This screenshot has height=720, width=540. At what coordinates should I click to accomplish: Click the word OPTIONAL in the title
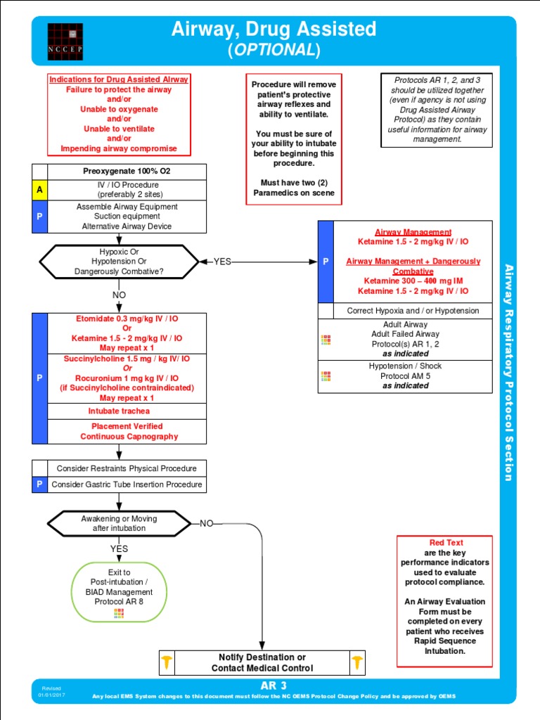coord(274,50)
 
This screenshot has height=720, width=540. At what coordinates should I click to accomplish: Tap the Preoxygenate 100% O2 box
coord(127,172)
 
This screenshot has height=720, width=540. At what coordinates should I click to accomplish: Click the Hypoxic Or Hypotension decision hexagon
coord(119,262)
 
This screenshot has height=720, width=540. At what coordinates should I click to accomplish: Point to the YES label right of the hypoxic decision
coord(222,262)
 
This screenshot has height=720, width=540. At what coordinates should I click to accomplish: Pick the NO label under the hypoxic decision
coord(119,295)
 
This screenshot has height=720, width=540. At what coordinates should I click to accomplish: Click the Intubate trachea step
coord(119,411)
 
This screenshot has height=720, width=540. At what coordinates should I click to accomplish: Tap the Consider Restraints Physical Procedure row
coord(127,469)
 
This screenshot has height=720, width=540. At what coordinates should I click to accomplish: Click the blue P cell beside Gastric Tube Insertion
coord(39,484)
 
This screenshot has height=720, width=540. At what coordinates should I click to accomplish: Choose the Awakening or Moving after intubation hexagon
coord(119,523)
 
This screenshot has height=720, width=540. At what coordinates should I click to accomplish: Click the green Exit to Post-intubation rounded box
coord(119,591)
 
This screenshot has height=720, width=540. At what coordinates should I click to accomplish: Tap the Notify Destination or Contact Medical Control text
coord(262,663)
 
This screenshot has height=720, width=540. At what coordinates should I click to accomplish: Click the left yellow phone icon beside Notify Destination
coord(167,662)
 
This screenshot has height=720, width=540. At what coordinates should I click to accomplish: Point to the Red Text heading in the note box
coord(446,543)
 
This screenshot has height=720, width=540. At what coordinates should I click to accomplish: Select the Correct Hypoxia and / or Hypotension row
coord(413,311)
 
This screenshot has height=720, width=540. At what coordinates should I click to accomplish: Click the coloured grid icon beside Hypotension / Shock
coord(326,376)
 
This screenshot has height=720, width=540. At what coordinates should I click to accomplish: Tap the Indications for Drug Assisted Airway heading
coord(119,80)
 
